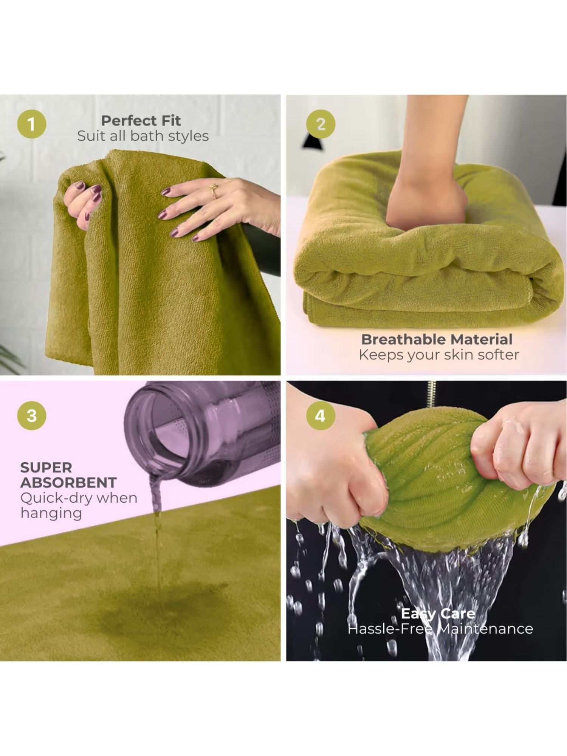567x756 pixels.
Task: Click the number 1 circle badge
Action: pos(32,124)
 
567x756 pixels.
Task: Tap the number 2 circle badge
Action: pos(321,124)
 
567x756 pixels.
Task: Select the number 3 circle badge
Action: pos(32,415)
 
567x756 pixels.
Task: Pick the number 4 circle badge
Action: pos(320,415)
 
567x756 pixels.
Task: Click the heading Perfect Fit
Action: pos(141,121)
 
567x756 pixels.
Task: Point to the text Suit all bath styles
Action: pos(143,136)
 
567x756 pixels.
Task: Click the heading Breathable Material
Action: pos(437,339)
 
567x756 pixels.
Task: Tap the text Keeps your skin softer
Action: pos(438,355)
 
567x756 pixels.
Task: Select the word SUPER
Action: pos(46,468)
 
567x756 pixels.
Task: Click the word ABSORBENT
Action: pos(68,483)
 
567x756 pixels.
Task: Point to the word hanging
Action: pos(51,513)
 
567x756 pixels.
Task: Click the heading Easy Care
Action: pos(438,613)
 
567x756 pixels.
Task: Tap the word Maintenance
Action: pos(485,629)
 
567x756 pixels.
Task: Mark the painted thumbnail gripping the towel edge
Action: pos(79,186)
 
